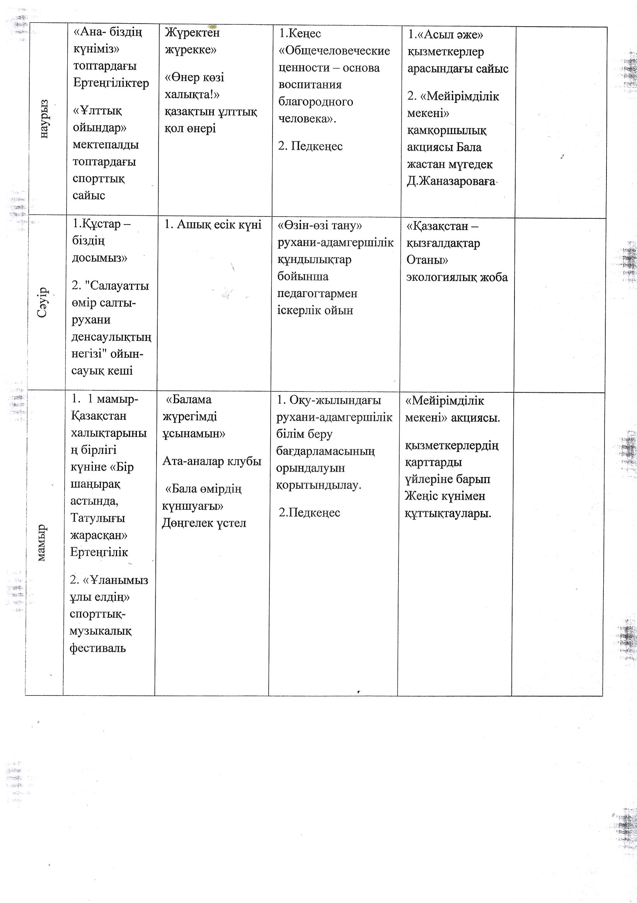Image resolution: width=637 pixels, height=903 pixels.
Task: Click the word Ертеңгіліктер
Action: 111,83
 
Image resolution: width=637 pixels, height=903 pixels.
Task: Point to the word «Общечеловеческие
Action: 334,51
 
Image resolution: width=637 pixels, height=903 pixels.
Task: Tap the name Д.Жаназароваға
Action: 451,182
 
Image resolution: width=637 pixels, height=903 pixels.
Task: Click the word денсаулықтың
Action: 111,337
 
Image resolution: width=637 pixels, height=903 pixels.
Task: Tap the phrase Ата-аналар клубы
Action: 212,461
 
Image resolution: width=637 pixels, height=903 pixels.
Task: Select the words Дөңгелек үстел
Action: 204,523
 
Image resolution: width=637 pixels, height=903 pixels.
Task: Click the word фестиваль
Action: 98,648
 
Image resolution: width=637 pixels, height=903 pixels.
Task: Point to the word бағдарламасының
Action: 325,451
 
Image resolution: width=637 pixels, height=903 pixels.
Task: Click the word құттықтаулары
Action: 448,513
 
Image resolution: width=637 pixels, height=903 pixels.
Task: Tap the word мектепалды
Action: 106,145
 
